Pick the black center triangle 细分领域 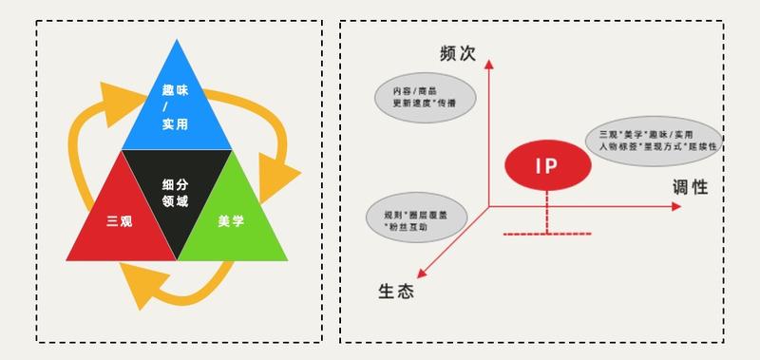coord(177,190)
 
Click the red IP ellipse coord(546,167)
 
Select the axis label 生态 coord(396,291)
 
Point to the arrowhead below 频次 coord(489,65)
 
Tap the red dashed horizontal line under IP coord(546,233)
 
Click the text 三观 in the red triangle coord(120,221)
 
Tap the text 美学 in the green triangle coord(231,221)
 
